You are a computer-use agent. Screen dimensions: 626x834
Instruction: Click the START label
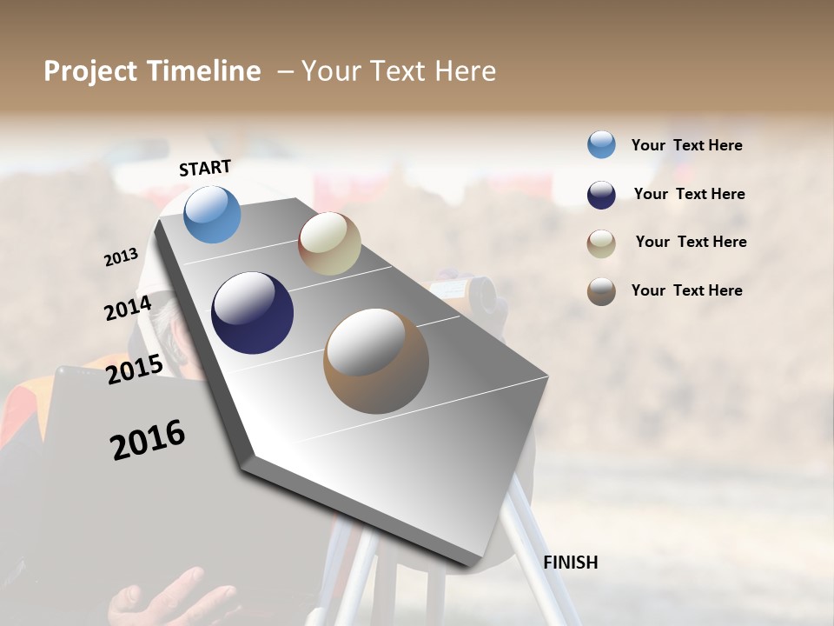click(x=205, y=168)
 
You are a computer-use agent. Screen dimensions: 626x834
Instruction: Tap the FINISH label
click(x=571, y=563)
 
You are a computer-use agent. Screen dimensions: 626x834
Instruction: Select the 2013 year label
click(x=122, y=257)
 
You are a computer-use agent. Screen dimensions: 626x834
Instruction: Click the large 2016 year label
click(x=148, y=439)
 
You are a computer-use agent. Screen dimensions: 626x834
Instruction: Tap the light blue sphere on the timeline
click(x=213, y=214)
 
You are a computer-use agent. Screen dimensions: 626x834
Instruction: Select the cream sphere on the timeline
click(x=329, y=243)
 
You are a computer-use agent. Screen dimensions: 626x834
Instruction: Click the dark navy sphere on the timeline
click(x=252, y=313)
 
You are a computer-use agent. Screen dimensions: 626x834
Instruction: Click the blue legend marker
click(x=601, y=145)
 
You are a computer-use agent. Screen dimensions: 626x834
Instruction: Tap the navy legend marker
click(x=601, y=195)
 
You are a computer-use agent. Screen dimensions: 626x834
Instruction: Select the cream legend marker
click(x=601, y=243)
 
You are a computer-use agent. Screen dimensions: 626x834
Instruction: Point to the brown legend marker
click(x=601, y=291)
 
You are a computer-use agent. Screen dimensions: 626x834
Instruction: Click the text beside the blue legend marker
click(x=687, y=146)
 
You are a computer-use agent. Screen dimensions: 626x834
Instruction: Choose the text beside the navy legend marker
click(x=690, y=195)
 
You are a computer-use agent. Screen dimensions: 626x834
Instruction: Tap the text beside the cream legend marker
click(x=692, y=242)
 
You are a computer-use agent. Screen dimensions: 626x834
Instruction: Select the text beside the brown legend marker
click(x=687, y=290)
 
